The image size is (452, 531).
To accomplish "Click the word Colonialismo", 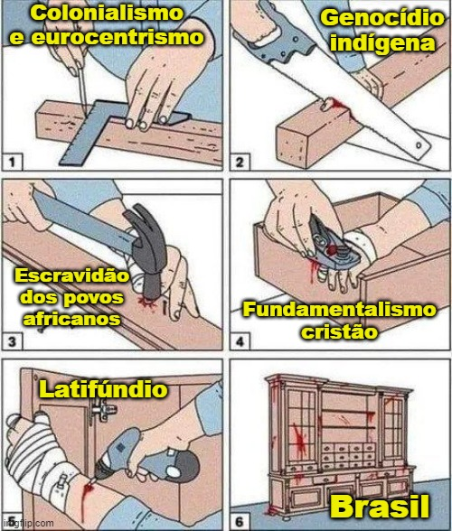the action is point(108,13).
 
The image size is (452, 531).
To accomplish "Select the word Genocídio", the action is point(382,18).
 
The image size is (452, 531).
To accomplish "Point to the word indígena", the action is point(382,43).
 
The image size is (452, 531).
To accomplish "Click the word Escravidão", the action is point(71,275).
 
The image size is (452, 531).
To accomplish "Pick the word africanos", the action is point(71,318).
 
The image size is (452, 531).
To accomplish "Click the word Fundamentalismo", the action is point(339,310).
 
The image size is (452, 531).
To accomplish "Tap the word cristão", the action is point(339,332).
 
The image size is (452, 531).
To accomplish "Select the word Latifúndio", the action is point(103,389).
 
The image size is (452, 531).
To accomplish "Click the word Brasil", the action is point(380,507).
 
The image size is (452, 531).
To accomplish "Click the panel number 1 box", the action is point(13,162).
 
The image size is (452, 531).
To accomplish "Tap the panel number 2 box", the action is point(240,162).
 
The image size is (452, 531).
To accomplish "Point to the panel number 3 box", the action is point(13,341).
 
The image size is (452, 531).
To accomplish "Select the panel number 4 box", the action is point(240,341).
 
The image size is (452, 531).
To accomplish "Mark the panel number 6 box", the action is point(240,522).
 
